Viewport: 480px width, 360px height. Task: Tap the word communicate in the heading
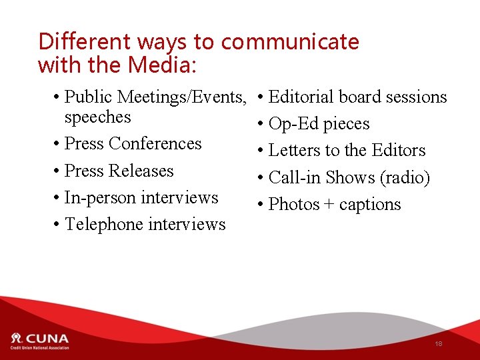click(290, 42)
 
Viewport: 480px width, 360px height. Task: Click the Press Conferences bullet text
click(133, 144)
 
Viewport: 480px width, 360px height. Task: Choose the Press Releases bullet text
click(119, 171)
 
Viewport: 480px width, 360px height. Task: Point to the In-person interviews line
click(141, 198)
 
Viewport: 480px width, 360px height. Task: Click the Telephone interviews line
click(145, 225)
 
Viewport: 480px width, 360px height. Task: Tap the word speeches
click(97, 117)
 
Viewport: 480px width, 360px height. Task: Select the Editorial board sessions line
click(357, 97)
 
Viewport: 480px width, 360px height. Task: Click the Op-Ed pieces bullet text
click(319, 124)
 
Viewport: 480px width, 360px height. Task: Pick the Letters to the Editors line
click(347, 151)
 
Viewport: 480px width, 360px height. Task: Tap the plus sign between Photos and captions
click(329, 205)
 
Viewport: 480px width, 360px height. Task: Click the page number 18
click(438, 344)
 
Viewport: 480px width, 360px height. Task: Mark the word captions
click(370, 205)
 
